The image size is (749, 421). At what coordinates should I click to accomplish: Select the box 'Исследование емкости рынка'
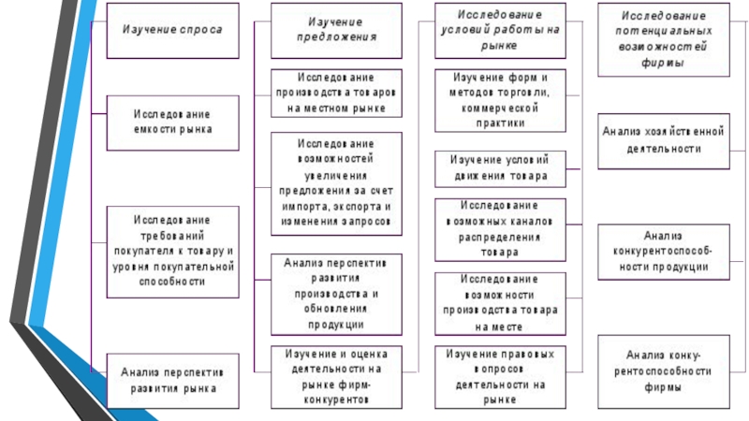171,122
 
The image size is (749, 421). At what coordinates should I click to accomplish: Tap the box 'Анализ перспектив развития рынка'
171,379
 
